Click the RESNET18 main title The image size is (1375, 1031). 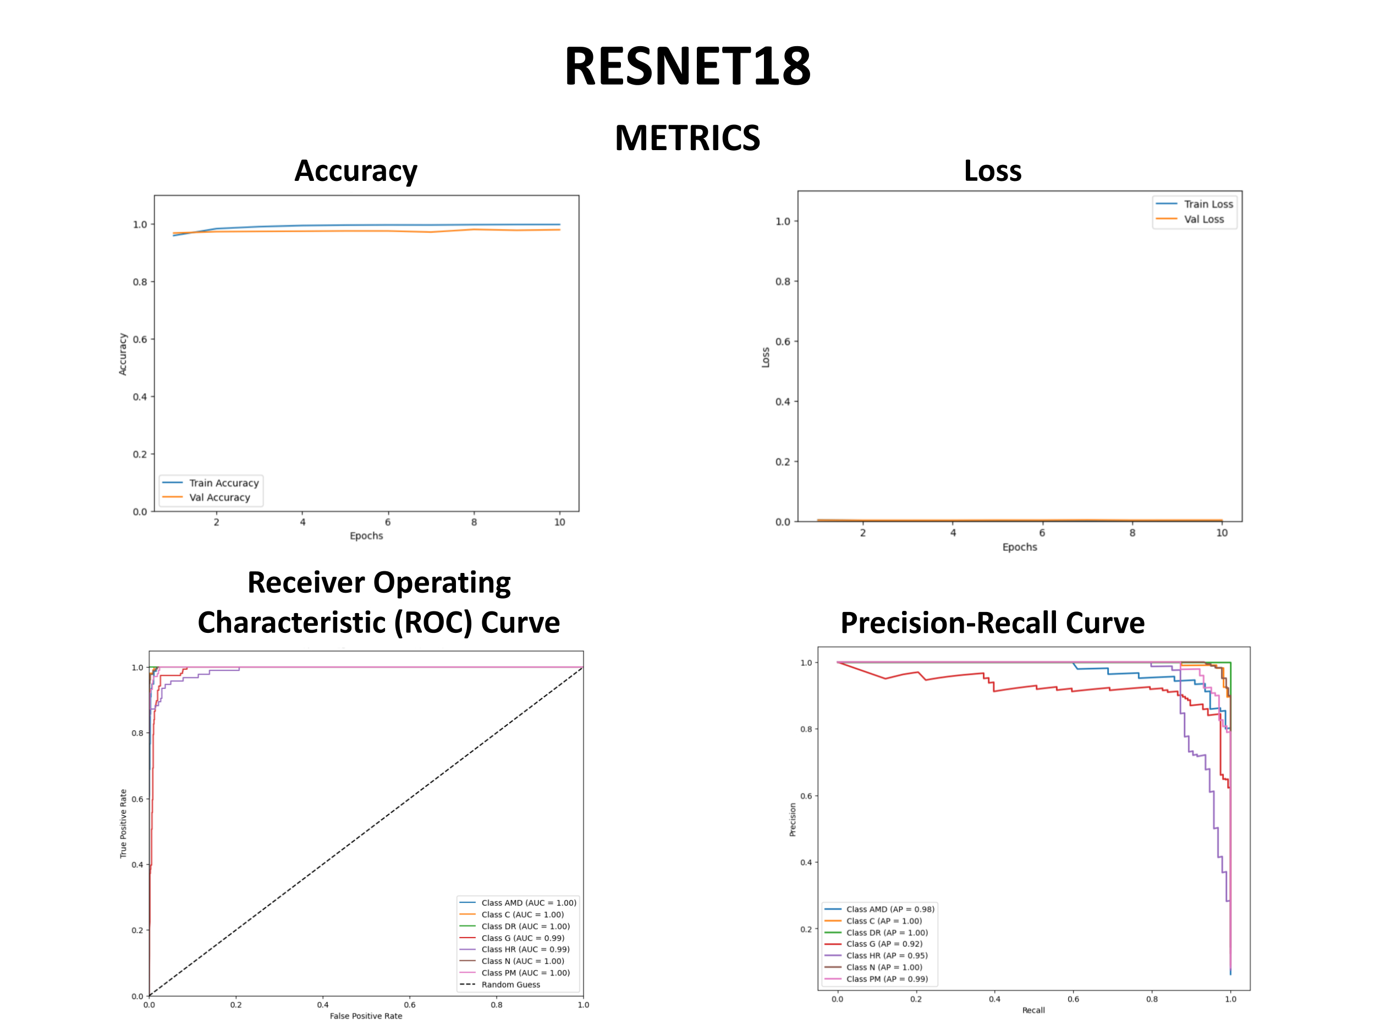coord(687,67)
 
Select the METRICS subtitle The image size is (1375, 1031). coord(687,138)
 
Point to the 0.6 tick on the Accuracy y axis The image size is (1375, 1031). coord(140,339)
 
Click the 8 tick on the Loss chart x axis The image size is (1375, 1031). coord(1132,533)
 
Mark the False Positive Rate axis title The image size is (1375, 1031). coord(366,1016)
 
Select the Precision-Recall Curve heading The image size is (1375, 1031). coord(992,622)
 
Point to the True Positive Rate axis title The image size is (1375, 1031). coord(123,824)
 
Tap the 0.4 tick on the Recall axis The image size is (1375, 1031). coord(994,999)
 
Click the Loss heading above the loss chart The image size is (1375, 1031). coord(992,171)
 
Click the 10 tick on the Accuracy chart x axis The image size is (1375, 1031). coord(559,522)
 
